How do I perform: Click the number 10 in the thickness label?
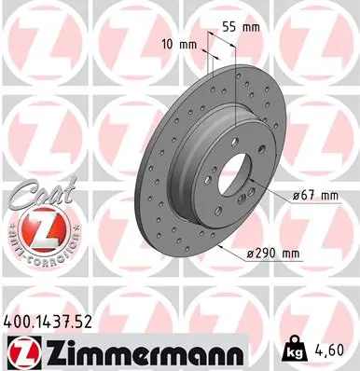click(169, 44)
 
